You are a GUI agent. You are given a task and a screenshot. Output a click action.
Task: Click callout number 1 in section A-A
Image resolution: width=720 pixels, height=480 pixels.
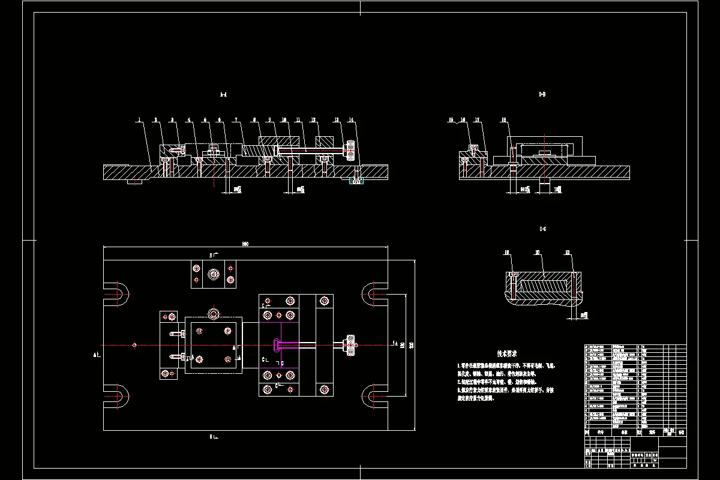(x=139, y=120)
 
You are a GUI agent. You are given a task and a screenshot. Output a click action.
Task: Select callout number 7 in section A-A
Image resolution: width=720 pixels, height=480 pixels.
(x=236, y=120)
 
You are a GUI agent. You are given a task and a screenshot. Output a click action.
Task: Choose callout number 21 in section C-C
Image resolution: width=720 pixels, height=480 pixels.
(x=568, y=252)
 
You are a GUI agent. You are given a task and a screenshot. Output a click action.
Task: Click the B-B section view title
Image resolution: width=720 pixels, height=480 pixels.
(x=542, y=94)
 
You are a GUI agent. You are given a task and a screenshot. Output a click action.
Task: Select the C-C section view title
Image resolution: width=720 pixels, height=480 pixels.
(x=542, y=229)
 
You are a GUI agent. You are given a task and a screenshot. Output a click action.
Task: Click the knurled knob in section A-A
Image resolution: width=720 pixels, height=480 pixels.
(x=349, y=150)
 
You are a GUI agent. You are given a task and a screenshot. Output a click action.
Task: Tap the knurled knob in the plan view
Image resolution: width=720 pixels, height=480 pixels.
(x=349, y=344)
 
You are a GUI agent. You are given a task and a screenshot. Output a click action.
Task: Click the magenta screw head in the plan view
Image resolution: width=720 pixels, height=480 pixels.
(x=276, y=344)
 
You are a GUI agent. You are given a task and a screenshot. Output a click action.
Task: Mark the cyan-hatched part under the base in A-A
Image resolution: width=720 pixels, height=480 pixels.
(x=356, y=181)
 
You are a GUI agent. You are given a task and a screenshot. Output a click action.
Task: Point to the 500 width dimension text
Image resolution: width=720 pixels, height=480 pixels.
(x=245, y=244)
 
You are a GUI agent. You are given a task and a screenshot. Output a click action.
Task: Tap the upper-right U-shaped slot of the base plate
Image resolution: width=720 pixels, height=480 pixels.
(x=375, y=293)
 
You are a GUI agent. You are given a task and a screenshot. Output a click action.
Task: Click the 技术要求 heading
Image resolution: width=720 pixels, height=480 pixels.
(x=507, y=354)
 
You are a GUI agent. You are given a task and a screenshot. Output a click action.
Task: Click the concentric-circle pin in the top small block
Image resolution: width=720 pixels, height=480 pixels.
(x=213, y=274)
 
